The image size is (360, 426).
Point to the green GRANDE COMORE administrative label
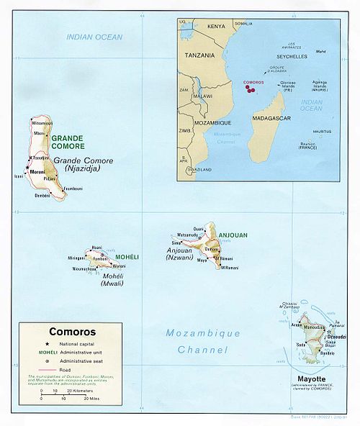66,141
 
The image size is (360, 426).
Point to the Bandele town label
328,353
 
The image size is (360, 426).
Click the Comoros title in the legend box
59,333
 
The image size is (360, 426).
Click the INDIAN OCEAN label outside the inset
94,37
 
